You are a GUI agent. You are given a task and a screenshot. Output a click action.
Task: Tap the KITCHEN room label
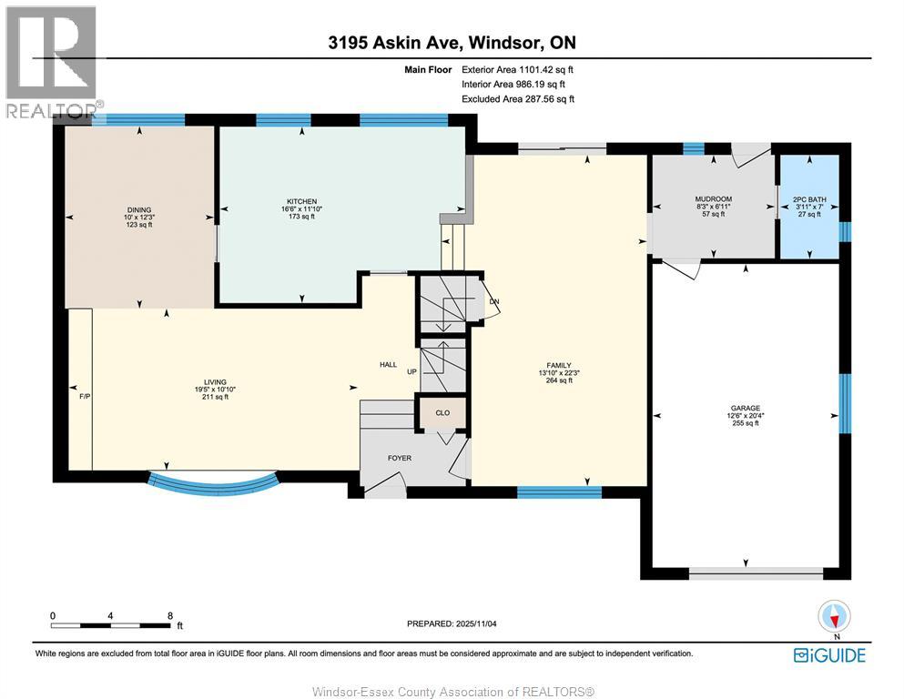click(301, 201)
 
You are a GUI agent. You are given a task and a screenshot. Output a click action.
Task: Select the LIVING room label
click(215, 382)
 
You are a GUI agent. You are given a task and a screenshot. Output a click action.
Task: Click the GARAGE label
click(746, 409)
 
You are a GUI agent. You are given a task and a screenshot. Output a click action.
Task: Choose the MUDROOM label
click(713, 199)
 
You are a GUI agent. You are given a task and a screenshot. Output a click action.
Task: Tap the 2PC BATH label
click(808, 199)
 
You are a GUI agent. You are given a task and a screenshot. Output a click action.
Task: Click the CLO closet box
click(442, 412)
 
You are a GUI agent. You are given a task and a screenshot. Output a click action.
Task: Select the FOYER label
click(401, 458)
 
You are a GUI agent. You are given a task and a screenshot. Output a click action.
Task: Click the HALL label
click(389, 365)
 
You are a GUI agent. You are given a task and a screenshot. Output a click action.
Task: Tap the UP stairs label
click(411, 372)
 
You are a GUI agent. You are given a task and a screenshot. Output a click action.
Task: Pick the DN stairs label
click(494, 301)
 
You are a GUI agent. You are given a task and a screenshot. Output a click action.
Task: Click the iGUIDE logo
click(829, 654)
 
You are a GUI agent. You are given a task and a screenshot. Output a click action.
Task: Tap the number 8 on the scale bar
click(170, 615)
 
